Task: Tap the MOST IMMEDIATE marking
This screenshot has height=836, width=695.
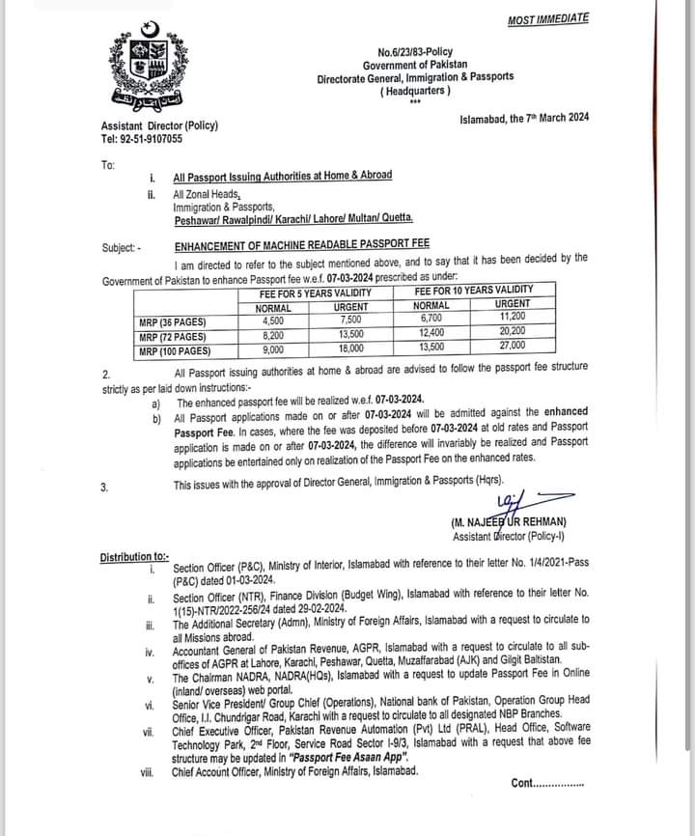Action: [x=547, y=18]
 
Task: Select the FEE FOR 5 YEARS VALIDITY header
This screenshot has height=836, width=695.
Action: [x=315, y=291]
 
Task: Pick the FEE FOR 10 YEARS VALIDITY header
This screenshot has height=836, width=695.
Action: [x=473, y=290]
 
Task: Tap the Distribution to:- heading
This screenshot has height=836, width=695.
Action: [x=134, y=556]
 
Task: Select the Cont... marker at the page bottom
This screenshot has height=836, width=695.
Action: [x=547, y=783]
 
